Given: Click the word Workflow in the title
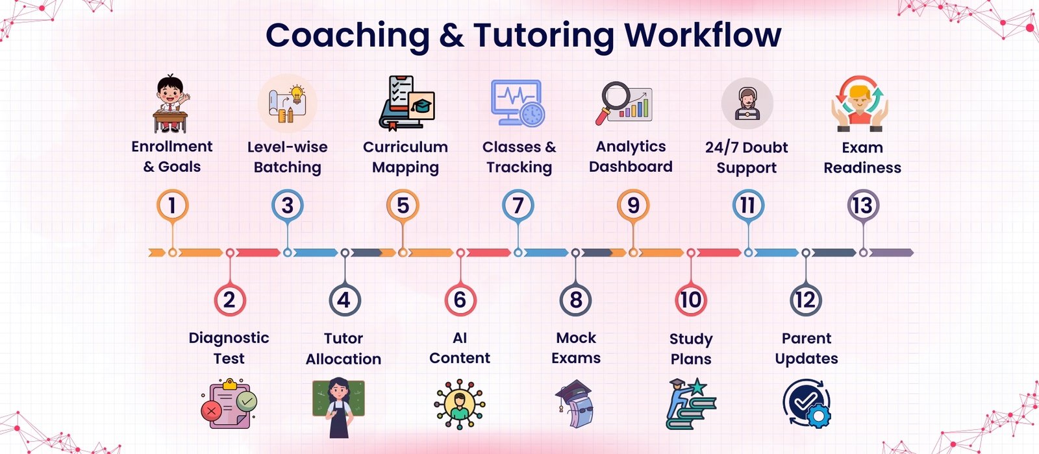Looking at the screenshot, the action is click(x=703, y=35).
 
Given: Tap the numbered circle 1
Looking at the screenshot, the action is click(x=172, y=205).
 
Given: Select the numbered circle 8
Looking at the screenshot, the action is click(x=575, y=300).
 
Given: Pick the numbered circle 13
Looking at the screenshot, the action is click(x=863, y=205).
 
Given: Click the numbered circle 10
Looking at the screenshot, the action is click(x=691, y=300).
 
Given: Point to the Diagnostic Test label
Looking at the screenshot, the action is click(x=229, y=348).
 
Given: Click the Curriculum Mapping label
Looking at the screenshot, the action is click(x=405, y=157).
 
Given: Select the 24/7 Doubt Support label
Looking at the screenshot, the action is click(x=746, y=157).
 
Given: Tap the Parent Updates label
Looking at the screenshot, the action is click(x=806, y=348).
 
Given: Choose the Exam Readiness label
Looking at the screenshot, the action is click(x=862, y=158).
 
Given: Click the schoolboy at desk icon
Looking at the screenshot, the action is click(x=171, y=104).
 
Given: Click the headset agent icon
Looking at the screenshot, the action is click(x=747, y=103).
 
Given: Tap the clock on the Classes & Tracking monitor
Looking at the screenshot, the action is click(x=532, y=114).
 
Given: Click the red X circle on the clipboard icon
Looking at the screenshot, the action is click(x=212, y=411).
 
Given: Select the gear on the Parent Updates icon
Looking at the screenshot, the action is click(x=818, y=416).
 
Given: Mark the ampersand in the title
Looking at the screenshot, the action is click(x=451, y=36).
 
